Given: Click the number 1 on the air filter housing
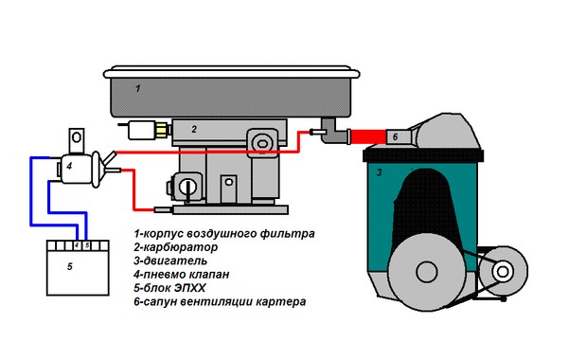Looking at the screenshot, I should click(138, 88).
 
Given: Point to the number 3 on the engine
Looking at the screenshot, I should click(379, 172).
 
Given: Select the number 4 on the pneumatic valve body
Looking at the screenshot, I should click(69, 168).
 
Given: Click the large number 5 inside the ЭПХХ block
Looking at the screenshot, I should click(69, 268).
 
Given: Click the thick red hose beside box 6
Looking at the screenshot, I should click(364, 137).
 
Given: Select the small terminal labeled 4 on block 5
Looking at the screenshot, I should click(75, 244).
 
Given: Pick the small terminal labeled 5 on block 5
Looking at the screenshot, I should click(86, 244).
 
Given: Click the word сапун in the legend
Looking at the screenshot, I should click(163, 301).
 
